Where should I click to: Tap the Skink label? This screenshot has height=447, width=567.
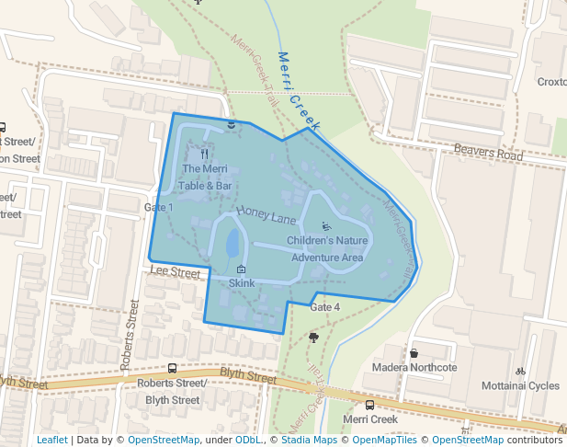click(x=241, y=283)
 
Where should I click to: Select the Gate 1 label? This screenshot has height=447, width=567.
click(x=158, y=208)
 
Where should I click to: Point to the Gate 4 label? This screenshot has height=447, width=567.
click(x=324, y=306)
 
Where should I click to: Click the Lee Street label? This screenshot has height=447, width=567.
click(x=175, y=273)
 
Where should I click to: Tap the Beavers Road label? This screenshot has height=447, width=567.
click(x=488, y=152)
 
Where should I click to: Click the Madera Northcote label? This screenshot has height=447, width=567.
click(x=414, y=368)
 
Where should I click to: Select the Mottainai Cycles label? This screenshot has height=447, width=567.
click(x=520, y=385)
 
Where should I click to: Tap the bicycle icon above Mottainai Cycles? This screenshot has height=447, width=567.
click(x=520, y=372)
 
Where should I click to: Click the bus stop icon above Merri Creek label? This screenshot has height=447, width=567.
click(x=369, y=405)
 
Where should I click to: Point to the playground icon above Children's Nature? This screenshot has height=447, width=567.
click(x=326, y=226)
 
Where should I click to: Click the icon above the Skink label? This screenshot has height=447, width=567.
click(x=241, y=269)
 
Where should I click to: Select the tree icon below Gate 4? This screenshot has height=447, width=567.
click(x=314, y=338)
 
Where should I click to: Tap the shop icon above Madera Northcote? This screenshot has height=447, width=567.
click(x=414, y=353)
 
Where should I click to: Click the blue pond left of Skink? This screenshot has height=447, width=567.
click(x=232, y=246)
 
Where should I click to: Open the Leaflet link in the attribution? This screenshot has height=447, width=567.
click(x=51, y=440)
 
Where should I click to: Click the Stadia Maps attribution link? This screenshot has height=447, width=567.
click(x=303, y=440)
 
